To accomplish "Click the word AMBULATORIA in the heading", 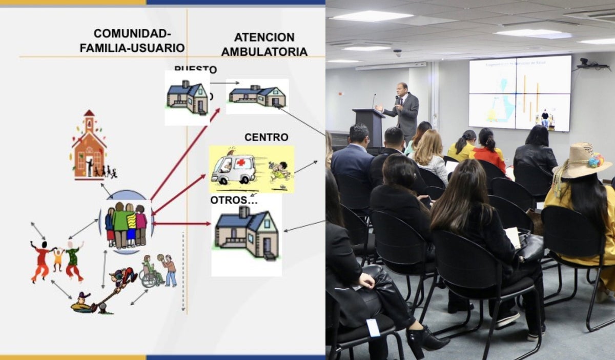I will (264, 51).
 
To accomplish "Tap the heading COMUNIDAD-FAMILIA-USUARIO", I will (132, 41).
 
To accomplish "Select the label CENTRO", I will (266, 137).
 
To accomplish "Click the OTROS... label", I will (234, 200).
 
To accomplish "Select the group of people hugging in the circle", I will (126, 224).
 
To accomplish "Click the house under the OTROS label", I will (247, 233).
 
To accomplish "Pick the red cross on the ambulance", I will (240, 163).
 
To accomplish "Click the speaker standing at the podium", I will (403, 111).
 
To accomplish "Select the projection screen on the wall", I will (520, 93).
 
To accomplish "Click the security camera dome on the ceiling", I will (398, 52).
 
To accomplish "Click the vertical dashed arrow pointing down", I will (183, 272).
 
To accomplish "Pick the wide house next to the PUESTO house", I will (257, 96).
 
